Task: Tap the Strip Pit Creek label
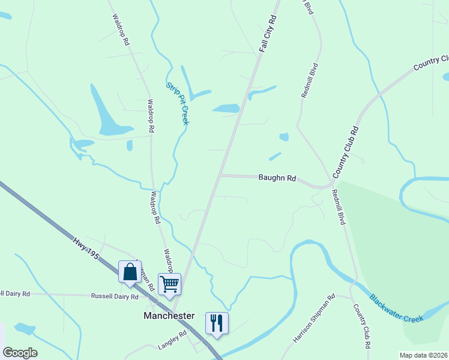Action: pyautogui.click(x=178, y=103)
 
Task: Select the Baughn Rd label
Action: pyautogui.click(x=277, y=178)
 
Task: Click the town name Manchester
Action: pyautogui.click(x=169, y=316)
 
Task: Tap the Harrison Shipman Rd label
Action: pyautogui.click(x=314, y=318)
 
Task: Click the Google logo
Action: pyautogui.click(x=20, y=353)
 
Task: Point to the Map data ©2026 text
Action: pyautogui.click(x=423, y=355)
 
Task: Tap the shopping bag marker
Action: pyautogui.click(x=130, y=272)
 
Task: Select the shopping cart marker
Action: pyautogui.click(x=169, y=283)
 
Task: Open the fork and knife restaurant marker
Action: pyautogui.click(x=217, y=323)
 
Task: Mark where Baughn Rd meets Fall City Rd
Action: pyautogui.click(x=220, y=176)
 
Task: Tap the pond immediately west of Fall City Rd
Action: pyautogui.click(x=226, y=109)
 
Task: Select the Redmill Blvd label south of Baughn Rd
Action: pyautogui.click(x=339, y=207)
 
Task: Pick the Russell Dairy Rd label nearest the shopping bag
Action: pyautogui.click(x=115, y=296)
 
